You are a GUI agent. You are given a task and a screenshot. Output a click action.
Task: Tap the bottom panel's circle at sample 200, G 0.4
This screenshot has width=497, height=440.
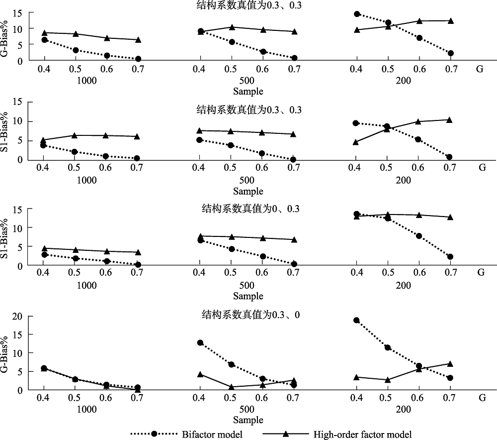356,320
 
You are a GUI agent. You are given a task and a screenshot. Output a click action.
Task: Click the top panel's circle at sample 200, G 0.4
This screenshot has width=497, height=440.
356,14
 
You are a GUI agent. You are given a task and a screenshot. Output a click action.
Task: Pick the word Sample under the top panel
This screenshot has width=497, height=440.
248,91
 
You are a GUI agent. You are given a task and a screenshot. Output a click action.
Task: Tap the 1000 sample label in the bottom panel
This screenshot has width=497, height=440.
87,411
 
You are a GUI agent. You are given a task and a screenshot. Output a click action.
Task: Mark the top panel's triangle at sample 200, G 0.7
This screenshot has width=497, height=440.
451,21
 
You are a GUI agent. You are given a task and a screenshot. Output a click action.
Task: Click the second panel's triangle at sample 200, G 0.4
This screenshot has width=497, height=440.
356,142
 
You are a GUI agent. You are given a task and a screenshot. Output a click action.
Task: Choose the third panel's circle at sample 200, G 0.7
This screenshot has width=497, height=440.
451,257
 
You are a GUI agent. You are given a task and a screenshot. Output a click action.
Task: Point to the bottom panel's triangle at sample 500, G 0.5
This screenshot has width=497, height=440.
231,387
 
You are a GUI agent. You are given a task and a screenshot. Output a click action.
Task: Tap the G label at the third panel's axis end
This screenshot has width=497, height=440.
481,272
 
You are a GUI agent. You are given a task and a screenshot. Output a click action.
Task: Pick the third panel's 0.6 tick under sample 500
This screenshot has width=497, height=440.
262,273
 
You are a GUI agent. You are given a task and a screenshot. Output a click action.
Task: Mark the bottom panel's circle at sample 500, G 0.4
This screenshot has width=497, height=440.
200,342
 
